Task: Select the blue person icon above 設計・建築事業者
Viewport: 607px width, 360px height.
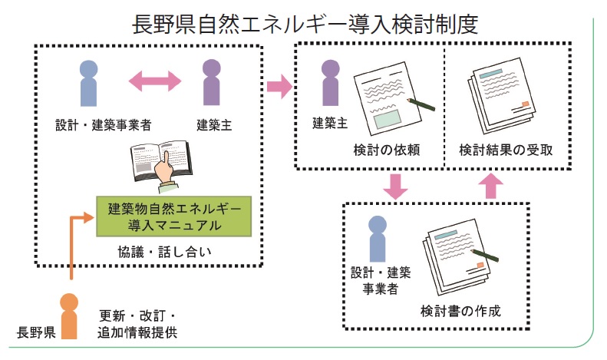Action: [89, 83]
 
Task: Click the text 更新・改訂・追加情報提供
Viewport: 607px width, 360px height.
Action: [138, 324]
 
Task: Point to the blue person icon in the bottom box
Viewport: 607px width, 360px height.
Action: [376, 238]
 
